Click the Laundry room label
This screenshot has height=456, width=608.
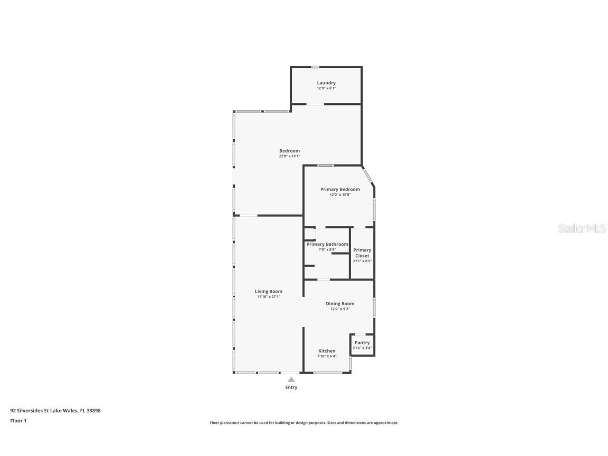326,83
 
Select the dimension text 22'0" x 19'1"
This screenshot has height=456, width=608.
289,156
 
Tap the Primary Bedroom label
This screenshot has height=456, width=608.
340,189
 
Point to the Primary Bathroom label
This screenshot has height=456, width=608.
327,244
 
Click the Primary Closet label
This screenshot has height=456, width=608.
362,253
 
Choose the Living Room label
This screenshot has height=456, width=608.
269,291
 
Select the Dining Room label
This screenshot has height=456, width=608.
340,303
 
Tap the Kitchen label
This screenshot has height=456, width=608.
327,351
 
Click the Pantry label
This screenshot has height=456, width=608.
362,343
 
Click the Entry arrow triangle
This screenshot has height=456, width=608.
291,379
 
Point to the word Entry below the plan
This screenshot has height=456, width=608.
291,387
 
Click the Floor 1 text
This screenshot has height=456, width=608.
18,421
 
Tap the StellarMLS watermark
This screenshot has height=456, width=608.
582,229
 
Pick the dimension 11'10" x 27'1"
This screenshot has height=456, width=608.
269,297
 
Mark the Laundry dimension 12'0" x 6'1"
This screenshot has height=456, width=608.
326,88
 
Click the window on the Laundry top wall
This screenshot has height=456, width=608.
315,67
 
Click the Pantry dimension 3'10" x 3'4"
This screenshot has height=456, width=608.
362,348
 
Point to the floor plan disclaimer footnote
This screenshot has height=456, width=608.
304,423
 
